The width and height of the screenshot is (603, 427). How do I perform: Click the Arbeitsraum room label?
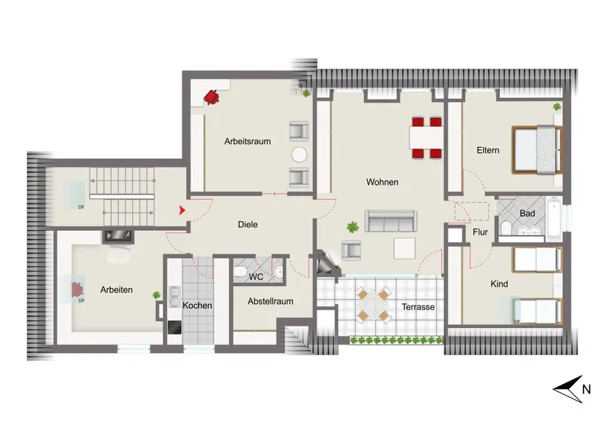[x=247, y=141]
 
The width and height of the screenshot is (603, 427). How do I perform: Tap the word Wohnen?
[x=382, y=182]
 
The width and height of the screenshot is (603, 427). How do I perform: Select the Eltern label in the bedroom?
[x=488, y=150]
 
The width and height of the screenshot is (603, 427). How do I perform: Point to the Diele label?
[x=248, y=225]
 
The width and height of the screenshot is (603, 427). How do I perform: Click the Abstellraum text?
[x=271, y=302]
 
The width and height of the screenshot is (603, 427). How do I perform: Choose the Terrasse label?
[x=418, y=307]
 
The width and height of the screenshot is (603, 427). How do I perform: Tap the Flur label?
[x=480, y=232]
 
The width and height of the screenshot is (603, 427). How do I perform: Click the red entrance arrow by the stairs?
[x=182, y=210]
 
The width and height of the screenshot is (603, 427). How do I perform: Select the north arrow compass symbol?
[x=568, y=389]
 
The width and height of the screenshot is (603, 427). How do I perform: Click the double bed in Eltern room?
[x=537, y=149]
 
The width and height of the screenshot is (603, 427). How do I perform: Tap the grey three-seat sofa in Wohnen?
[x=390, y=221]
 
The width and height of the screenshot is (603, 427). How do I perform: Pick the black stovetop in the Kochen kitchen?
[x=175, y=327]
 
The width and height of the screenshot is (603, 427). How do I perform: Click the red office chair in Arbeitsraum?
[x=211, y=97]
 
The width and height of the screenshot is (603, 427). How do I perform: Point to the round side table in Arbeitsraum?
[x=299, y=155]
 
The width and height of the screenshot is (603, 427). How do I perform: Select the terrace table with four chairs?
[x=373, y=305]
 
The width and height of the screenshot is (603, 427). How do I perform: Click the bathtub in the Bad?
[x=554, y=218]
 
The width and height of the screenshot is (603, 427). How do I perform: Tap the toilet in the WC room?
[x=240, y=272]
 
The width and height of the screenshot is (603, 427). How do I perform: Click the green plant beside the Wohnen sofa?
[x=352, y=227]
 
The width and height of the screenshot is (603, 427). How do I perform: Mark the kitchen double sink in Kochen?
[x=174, y=296]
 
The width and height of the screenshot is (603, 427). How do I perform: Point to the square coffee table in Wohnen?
[x=405, y=248]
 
